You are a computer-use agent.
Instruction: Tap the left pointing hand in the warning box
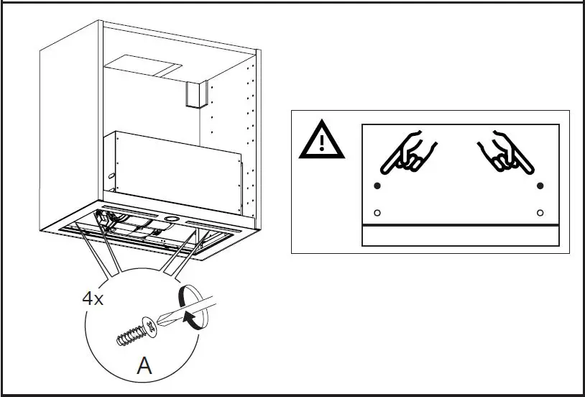coord(405,152)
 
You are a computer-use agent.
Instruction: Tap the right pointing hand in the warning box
coord(507,153)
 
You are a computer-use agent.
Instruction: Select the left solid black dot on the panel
coord(377,186)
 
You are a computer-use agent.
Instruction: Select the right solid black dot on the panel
coord(540,186)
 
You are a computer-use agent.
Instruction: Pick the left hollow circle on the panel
coord(377,213)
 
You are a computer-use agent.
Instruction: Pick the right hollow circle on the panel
coord(540,213)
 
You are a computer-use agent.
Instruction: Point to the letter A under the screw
coord(144,366)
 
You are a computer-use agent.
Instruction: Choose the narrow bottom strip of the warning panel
coord(460,235)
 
